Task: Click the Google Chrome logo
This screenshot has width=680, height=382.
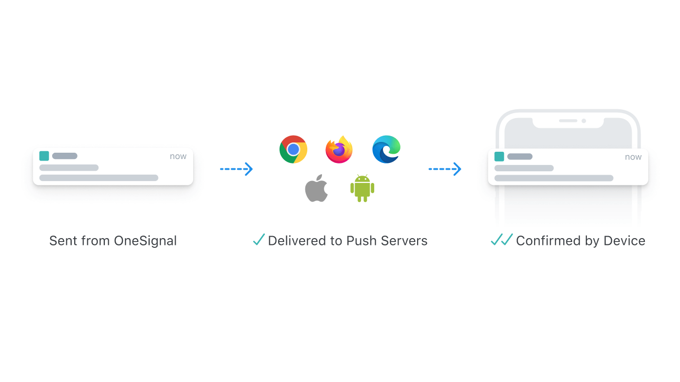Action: pos(293,149)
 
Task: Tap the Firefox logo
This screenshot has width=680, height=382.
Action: pos(339,149)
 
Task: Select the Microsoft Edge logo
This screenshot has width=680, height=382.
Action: pos(386,149)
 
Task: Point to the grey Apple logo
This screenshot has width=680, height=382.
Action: pos(316,188)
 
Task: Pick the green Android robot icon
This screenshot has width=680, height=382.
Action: pos(362,188)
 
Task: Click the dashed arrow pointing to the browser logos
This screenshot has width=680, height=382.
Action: pos(236,169)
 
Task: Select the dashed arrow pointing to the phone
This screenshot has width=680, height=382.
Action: pos(445,169)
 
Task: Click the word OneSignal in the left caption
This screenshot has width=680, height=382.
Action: pos(145,241)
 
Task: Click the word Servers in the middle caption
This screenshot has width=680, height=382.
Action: pos(404,241)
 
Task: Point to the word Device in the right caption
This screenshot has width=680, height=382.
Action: pos(624,241)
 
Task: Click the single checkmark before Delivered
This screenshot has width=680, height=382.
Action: pos(259,240)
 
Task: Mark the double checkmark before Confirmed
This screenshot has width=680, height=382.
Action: pos(502,240)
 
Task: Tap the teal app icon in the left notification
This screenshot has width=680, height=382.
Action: pos(44,156)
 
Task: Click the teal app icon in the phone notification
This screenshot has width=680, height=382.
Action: pos(499,157)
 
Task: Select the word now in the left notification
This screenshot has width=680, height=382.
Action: pos(178,157)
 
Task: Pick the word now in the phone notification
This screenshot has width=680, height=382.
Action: pos(633,157)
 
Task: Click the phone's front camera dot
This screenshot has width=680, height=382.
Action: pos(583,121)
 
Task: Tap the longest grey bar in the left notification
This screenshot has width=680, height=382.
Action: pos(99,178)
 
